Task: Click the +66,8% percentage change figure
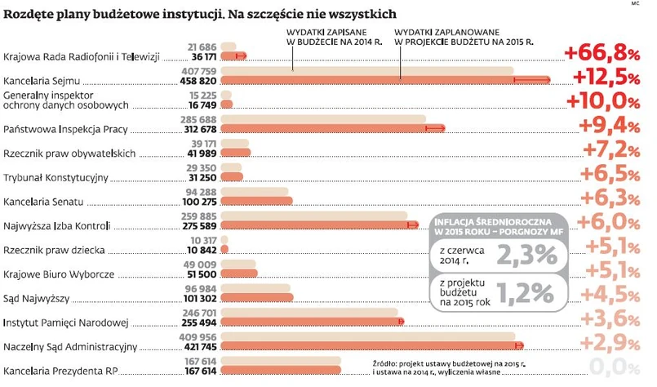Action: tap(600, 54)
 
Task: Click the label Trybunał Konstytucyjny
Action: tap(56, 177)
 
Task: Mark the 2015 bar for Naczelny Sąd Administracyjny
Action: tap(371, 345)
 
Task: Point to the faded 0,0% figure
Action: tap(611, 366)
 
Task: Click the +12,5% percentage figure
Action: tap(604, 78)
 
